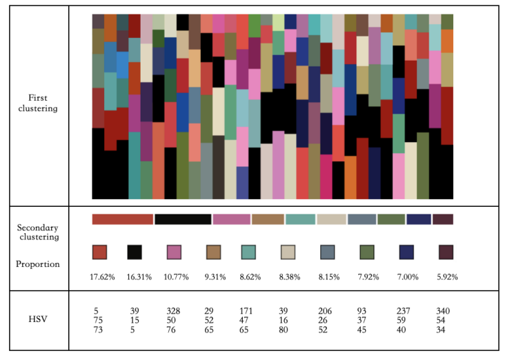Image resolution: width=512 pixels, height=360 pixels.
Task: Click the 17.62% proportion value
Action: [x=101, y=277]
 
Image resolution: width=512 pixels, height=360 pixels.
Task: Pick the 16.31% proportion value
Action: [x=135, y=277]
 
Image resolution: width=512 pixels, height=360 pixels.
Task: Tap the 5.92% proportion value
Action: [x=446, y=277]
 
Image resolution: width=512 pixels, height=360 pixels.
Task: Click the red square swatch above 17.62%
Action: [x=99, y=252]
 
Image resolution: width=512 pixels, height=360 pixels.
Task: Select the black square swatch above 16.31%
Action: [x=134, y=252]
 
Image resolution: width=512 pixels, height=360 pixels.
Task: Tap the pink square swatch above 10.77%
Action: [x=173, y=252]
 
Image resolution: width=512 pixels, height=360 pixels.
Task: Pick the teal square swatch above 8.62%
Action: [x=248, y=252]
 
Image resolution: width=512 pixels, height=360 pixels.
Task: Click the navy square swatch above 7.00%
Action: [x=406, y=252]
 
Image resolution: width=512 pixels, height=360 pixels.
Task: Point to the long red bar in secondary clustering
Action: [x=122, y=219]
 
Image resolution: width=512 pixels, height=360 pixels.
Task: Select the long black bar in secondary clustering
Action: [x=183, y=219]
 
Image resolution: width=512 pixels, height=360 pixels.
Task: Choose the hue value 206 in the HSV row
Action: [x=325, y=311]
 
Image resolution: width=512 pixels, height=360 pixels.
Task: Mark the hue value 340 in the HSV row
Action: [x=443, y=311]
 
